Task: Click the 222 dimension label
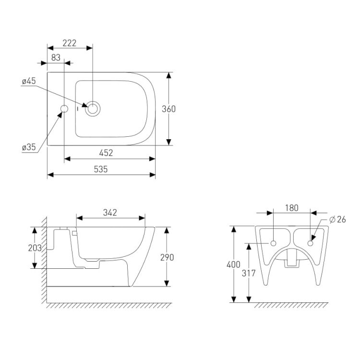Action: tap(69, 43)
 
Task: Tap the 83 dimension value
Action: tap(56, 58)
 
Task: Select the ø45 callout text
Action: tap(29, 81)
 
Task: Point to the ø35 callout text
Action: tap(29, 147)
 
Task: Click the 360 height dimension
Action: tap(168, 109)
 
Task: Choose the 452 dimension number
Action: tap(106, 153)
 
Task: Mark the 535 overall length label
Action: tap(101, 169)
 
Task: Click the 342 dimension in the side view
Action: tap(110, 213)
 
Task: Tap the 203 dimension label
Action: tap(35, 248)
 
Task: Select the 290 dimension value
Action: tap(167, 258)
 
